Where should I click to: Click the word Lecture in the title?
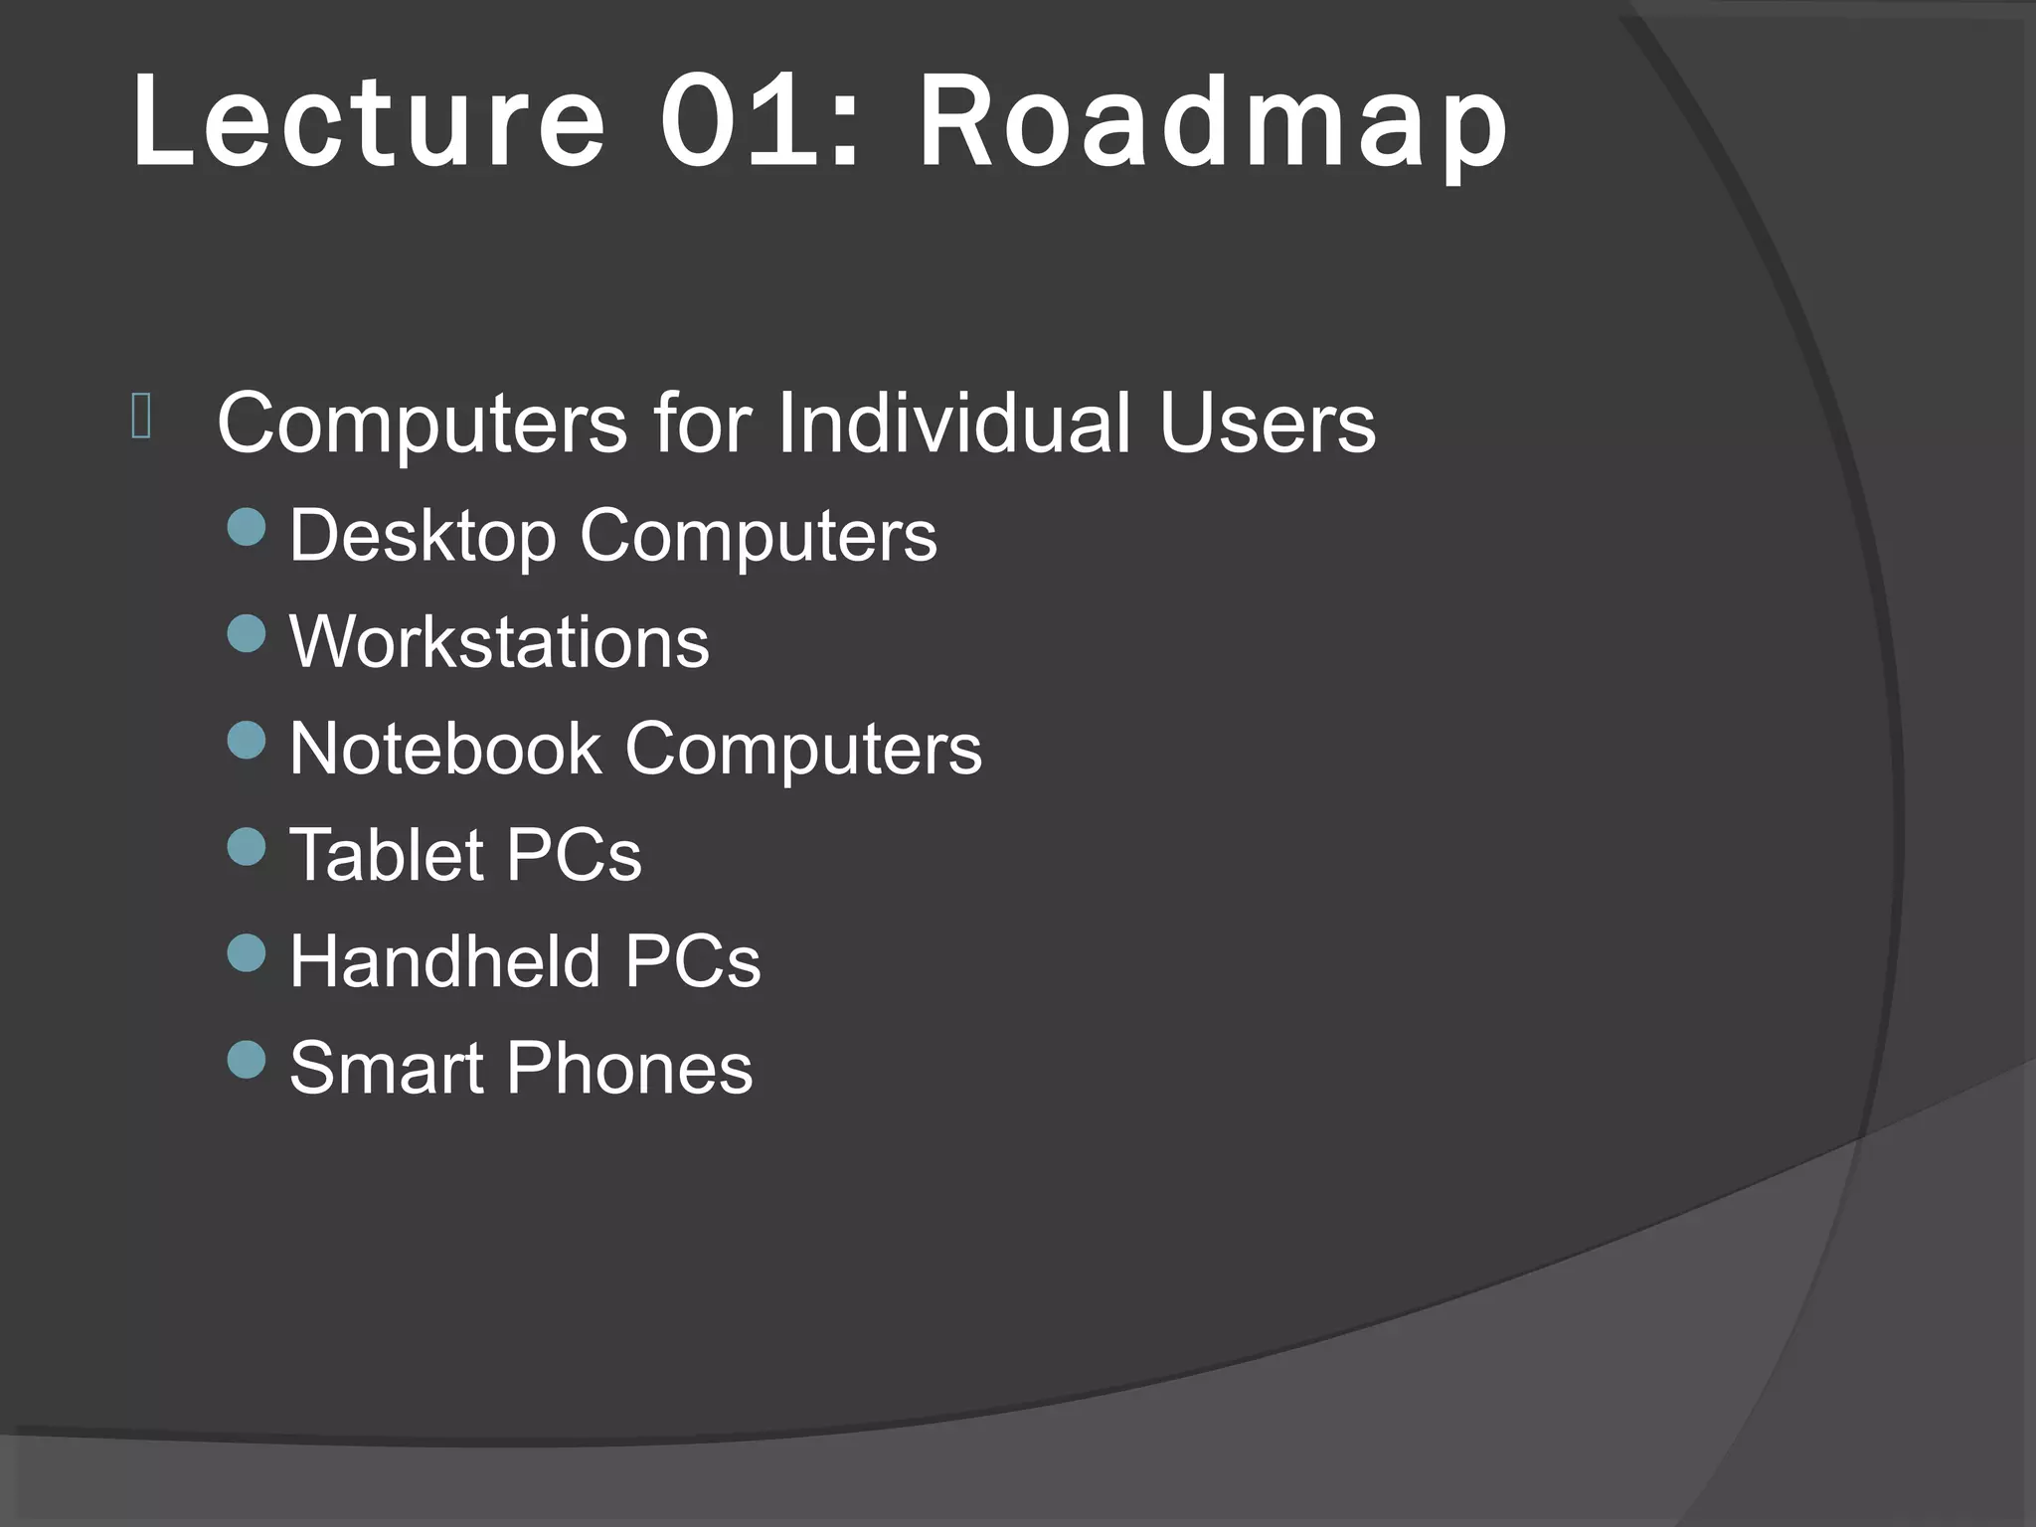pos(368,124)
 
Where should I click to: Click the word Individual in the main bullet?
pos(952,424)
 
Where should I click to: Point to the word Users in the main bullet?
pos(1267,424)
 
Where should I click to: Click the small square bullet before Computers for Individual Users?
pos(140,417)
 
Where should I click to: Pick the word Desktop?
pos(422,537)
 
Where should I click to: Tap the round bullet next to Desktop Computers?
pos(247,527)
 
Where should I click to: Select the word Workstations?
pos(499,642)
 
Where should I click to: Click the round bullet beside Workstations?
pos(247,633)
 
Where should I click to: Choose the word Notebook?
pos(444,749)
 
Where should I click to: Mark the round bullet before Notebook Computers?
pos(247,740)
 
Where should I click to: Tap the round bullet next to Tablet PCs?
pos(247,847)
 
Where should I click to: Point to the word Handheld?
pos(444,961)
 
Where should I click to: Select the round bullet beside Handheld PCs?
pos(247,953)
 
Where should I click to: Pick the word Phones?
pos(629,1068)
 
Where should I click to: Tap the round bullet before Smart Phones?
pos(247,1060)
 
